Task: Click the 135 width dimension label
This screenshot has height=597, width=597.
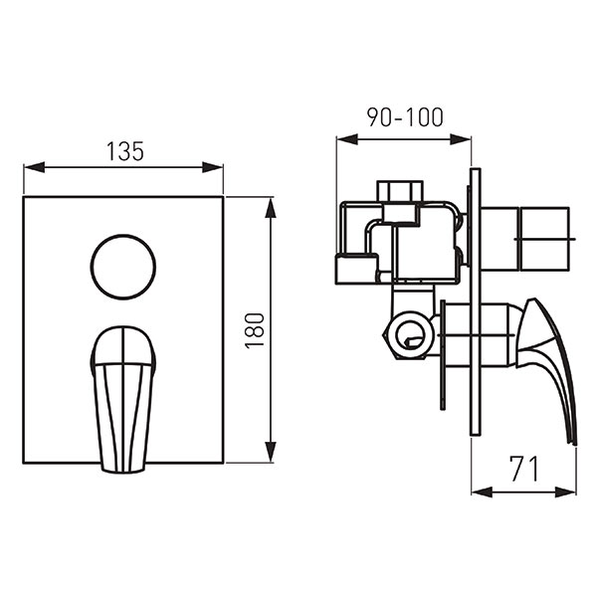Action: click(125, 151)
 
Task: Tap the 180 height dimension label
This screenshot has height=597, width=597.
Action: click(255, 330)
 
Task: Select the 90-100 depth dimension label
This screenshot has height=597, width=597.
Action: click(405, 116)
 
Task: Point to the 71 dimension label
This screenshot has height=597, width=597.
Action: click(524, 469)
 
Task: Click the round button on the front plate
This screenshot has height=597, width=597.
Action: click(123, 267)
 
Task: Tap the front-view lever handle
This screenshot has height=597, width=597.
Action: click(123, 399)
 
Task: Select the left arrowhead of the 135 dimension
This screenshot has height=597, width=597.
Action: click(34, 167)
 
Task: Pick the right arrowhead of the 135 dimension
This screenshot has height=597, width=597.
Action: click(213, 167)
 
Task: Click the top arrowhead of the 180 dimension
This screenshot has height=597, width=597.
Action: click(271, 208)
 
